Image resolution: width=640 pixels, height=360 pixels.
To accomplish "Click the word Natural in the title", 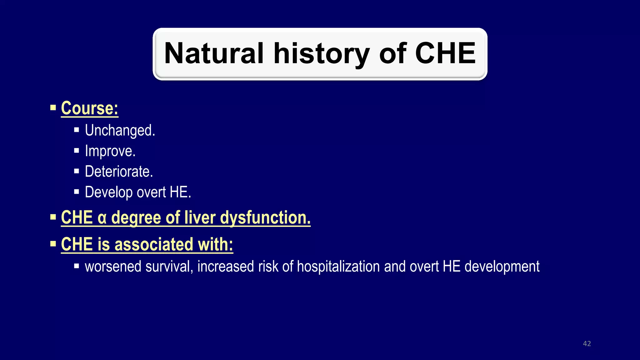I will click(214, 53).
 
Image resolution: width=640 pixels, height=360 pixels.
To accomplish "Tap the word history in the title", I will click(322, 53).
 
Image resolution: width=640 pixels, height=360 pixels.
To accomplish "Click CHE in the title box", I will click(445, 53).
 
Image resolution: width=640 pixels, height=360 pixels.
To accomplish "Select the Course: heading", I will click(90, 108).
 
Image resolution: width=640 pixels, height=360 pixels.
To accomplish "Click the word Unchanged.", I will click(120, 131).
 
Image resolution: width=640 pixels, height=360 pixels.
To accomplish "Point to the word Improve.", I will click(110, 151).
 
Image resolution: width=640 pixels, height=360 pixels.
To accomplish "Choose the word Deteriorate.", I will click(119, 172).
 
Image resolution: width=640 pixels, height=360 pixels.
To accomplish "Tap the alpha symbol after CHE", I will click(102, 218).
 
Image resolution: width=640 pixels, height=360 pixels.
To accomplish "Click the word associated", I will click(154, 244).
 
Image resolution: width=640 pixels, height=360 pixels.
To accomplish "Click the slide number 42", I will click(587, 344).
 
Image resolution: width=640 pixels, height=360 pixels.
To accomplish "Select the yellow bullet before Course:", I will click(53, 108).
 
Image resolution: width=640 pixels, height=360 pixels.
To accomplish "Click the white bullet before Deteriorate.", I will click(77, 171).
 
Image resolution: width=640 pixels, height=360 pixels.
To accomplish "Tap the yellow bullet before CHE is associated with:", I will click(53, 244).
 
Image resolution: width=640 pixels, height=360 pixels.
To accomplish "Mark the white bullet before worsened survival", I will click(77, 267).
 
